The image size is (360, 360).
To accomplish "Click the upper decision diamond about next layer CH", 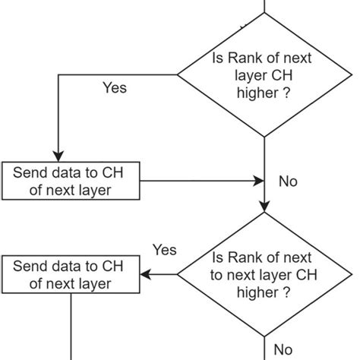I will coord(264,76).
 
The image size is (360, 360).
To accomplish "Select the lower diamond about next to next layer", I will coord(264,274).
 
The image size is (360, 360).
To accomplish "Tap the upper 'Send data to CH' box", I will coord(72,182).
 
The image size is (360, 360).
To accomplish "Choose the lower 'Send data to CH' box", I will coord(72,275).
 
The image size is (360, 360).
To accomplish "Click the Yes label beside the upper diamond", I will coord(115,88).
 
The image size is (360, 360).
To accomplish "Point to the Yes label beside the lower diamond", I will coord(164,250).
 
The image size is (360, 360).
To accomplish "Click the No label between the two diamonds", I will coord(288,182).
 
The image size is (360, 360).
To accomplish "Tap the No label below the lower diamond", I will coord(283,349).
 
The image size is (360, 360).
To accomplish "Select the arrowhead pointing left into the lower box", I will coord(149,274).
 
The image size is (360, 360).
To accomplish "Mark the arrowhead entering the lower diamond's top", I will coord(264,207).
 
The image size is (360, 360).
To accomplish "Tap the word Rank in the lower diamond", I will coord(247,257).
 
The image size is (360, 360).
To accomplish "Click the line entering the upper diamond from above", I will coord(264,6).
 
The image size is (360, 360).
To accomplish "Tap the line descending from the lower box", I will coord(72,327).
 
